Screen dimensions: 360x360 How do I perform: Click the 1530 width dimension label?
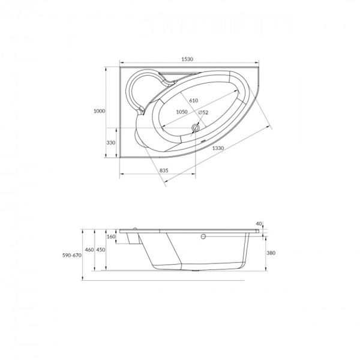pyautogui.click(x=187, y=59)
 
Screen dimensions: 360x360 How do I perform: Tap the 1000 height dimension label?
pyautogui.click(x=99, y=111)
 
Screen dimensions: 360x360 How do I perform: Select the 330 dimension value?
pyautogui.click(x=110, y=143)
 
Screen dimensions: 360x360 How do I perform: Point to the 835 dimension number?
pyautogui.click(x=164, y=170)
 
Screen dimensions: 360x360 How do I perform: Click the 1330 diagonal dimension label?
pyautogui.click(x=218, y=148)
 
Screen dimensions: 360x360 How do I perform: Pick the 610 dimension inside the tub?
pyautogui.click(x=194, y=101)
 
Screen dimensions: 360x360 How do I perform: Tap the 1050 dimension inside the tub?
pyautogui.click(x=182, y=112)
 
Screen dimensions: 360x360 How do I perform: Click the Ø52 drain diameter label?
pyautogui.click(x=203, y=113)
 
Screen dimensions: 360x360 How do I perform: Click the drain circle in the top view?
pyautogui.click(x=196, y=128)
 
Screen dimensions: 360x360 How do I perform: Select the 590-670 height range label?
pyautogui.click(x=72, y=256)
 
